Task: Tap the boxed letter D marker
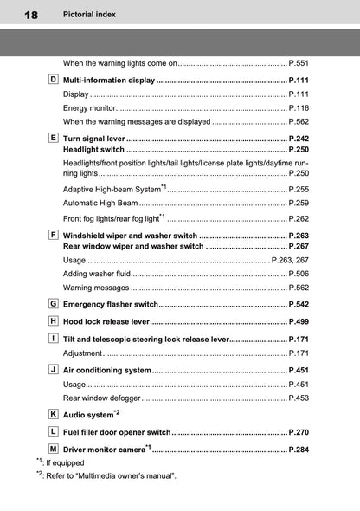54,80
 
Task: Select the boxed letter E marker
54,137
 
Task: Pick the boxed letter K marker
54,414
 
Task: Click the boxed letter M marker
54,449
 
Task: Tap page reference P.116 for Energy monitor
299,107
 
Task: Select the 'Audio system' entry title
88,416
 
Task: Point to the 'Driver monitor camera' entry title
105,450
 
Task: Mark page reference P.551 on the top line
299,63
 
